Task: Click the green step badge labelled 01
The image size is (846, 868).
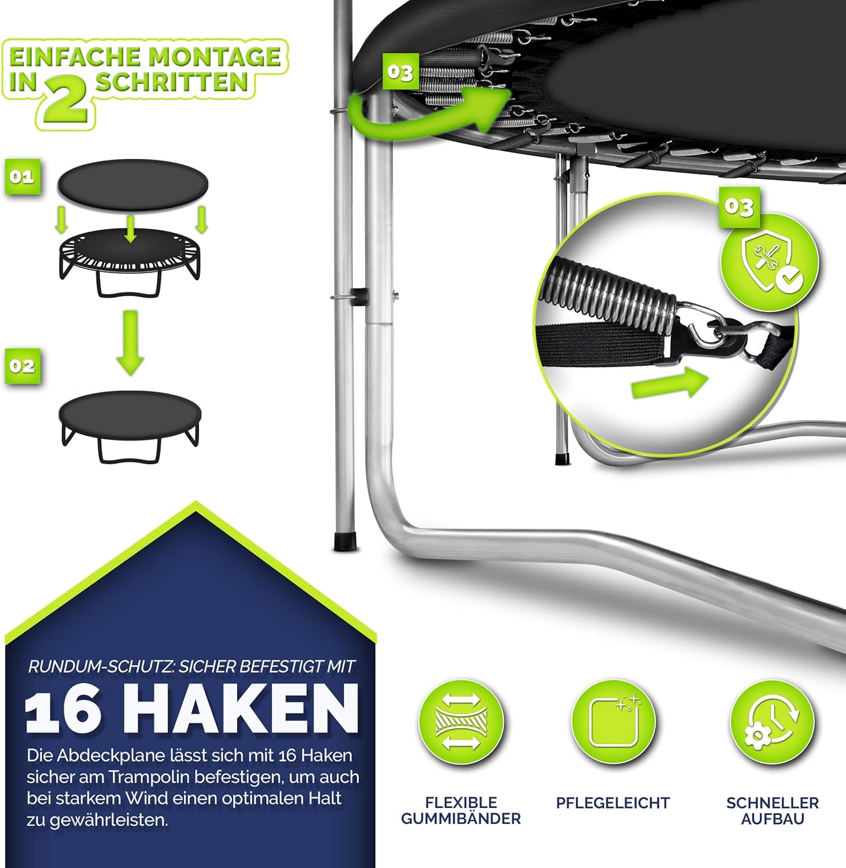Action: click(23, 176)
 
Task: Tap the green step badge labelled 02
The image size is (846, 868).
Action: click(23, 366)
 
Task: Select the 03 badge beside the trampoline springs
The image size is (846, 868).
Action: click(400, 72)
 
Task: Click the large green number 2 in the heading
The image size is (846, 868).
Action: click(65, 100)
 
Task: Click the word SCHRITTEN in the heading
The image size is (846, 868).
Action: click(172, 82)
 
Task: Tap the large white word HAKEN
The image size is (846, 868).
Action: click(241, 708)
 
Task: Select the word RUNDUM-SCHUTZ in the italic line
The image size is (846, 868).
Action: click(101, 667)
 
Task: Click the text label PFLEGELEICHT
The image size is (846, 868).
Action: click(613, 803)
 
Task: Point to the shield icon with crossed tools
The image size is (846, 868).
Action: click(770, 262)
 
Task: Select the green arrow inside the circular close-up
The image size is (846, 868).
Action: click(670, 383)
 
